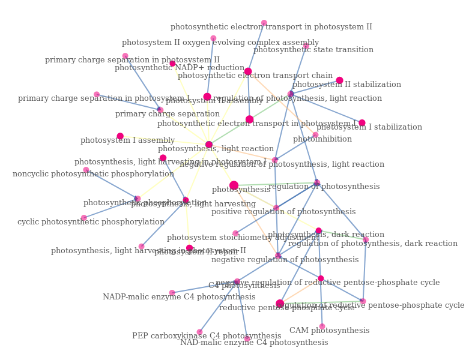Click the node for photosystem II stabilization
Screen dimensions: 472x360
339,80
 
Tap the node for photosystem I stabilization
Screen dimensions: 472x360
362,123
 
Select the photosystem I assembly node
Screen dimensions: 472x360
120,136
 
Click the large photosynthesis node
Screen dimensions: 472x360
234,185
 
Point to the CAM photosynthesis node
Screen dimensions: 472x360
322,326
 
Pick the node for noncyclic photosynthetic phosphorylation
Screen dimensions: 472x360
86,170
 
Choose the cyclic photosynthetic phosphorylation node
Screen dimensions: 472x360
83,218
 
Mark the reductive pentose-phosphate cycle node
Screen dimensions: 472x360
280,304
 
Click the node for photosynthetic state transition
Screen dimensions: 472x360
306,46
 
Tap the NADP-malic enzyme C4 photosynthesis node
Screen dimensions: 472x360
172,293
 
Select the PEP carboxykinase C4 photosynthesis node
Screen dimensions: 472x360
199,332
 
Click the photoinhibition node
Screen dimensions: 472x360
315,135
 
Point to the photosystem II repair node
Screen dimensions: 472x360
189,248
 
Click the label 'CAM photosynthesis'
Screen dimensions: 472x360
329,331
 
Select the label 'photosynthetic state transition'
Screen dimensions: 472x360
313,50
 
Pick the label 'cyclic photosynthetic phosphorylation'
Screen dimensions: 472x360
91,222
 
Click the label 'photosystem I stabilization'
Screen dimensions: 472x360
369,127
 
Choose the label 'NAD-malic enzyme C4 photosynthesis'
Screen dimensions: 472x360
254,343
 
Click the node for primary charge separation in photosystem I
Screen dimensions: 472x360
96,94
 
